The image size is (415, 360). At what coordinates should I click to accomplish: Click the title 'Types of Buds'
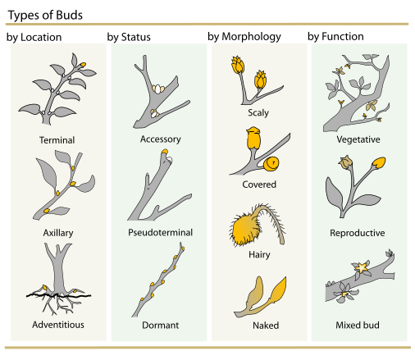pyautogui.click(x=45, y=16)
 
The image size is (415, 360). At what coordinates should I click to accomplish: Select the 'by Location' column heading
pyautogui.click(x=34, y=38)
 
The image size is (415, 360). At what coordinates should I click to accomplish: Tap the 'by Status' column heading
pyautogui.click(x=129, y=37)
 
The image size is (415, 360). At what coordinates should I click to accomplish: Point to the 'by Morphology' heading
pyautogui.click(x=244, y=37)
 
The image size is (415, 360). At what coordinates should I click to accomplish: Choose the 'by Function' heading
pyautogui.click(x=335, y=36)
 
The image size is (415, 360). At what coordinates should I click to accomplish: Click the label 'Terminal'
pyautogui.click(x=57, y=140)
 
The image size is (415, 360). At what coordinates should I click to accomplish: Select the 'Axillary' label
pyautogui.click(x=58, y=233)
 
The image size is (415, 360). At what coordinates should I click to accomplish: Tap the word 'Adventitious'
pyautogui.click(x=58, y=325)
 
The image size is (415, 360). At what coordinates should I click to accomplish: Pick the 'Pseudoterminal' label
pyautogui.click(x=161, y=233)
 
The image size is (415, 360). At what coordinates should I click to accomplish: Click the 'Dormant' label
pyautogui.click(x=161, y=326)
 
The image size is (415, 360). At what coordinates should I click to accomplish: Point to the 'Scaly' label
pyautogui.click(x=258, y=112)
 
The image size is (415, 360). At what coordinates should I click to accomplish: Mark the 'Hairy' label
pyautogui.click(x=259, y=255)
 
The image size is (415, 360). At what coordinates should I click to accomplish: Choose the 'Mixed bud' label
pyautogui.click(x=358, y=325)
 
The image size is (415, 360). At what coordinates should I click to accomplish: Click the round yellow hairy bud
pyautogui.click(x=244, y=229)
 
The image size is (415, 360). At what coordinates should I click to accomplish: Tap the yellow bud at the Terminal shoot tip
pyautogui.click(x=83, y=65)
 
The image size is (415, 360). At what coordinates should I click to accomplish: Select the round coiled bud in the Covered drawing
pyautogui.click(x=271, y=164)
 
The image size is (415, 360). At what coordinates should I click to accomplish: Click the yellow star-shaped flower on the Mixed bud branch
pyautogui.click(x=362, y=267)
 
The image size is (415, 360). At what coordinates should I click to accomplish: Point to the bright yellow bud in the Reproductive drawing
pyautogui.click(x=379, y=163)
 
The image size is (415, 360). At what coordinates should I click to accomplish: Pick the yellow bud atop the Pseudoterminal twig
pyautogui.click(x=165, y=152)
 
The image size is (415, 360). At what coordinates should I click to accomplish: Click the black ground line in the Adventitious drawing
pyautogui.click(x=58, y=295)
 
